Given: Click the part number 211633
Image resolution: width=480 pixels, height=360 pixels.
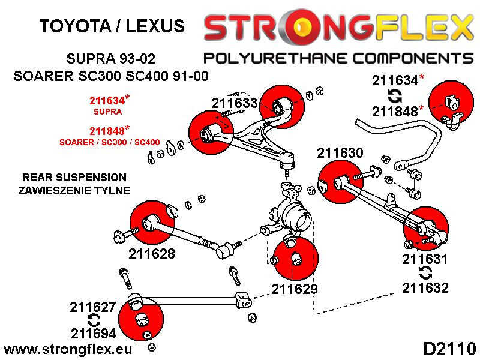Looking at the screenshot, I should tap(235, 104).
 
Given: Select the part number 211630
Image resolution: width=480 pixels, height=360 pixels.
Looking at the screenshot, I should tap(340, 154).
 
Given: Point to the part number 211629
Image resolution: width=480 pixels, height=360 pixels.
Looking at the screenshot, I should tap(294, 289).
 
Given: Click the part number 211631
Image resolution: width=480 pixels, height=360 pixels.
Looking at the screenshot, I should tap(425, 260).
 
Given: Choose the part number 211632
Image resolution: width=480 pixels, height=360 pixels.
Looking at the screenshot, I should tap(425, 288).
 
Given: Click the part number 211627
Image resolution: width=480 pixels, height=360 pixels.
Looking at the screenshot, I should tap(94, 308).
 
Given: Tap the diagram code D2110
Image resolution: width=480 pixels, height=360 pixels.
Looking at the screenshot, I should tap(449, 349).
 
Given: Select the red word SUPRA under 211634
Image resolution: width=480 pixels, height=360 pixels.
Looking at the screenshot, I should tap(108, 112).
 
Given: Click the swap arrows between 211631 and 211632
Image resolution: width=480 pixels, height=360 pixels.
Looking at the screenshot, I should tap(425, 274).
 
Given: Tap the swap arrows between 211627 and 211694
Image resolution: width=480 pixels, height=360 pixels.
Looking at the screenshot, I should tap(94, 320).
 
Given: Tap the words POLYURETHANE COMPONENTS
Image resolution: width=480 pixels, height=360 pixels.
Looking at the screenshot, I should tap(339, 58).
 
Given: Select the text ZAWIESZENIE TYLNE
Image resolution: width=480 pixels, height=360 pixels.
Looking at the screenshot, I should tap(74, 190).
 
